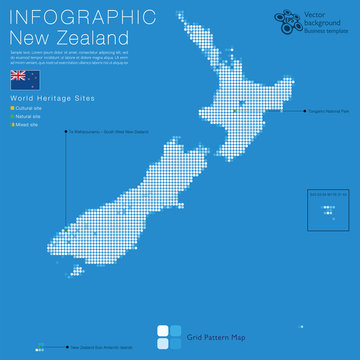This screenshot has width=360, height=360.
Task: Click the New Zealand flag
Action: [x=19, y=77]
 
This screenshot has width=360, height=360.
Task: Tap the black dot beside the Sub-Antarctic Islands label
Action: [x=66, y=347]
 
